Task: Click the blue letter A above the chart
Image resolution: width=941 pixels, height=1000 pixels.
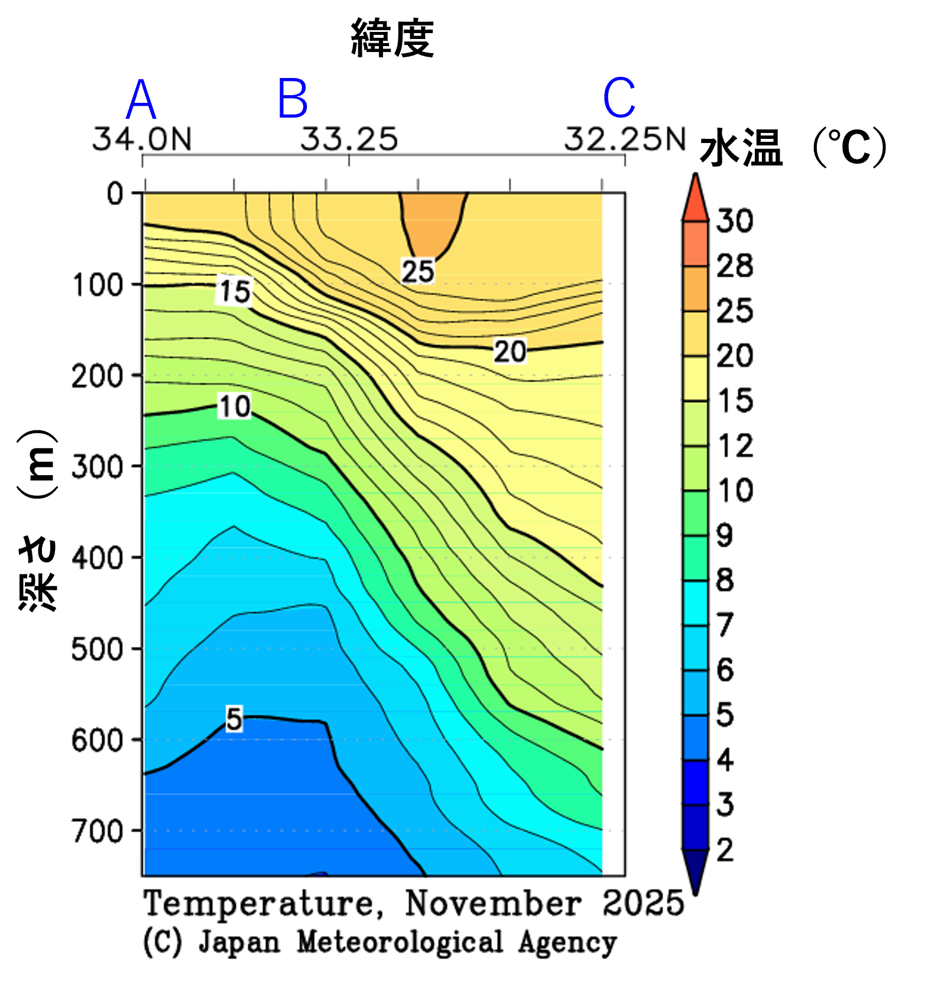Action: [x=141, y=99]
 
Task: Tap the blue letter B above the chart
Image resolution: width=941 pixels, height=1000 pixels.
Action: [x=293, y=98]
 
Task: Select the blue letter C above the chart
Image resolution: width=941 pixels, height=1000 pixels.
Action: [x=619, y=98]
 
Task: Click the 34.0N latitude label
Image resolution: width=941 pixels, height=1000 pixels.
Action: [x=142, y=139]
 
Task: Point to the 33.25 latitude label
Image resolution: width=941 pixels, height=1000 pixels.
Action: [x=349, y=139]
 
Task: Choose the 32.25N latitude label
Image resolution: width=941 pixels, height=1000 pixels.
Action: [x=624, y=139]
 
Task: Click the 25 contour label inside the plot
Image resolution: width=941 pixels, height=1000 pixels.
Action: [x=418, y=271]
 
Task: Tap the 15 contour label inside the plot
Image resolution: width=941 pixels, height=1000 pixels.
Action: [x=235, y=291]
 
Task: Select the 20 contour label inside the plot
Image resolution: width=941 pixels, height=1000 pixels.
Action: [x=510, y=352]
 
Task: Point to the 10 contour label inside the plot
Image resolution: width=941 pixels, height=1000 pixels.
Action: [x=234, y=407]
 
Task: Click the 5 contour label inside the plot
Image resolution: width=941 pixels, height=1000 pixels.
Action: [x=234, y=719]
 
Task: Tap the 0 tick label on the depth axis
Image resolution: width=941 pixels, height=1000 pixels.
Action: [x=115, y=194]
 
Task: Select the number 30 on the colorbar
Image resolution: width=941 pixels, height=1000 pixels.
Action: [x=735, y=221]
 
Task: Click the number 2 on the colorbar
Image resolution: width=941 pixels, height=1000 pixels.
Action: [x=725, y=850]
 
